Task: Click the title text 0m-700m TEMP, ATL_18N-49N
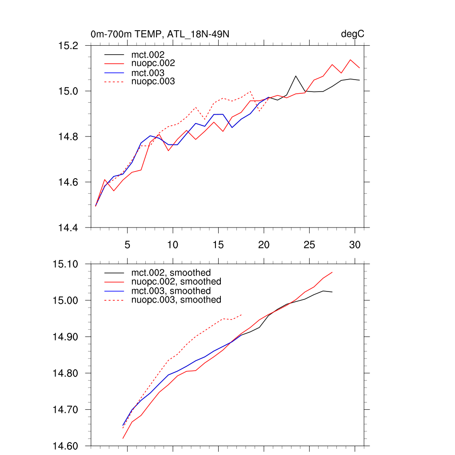point(160,34)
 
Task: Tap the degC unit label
point(353,34)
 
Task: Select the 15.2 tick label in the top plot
point(68,45)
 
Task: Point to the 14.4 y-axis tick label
point(68,227)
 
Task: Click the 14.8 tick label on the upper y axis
point(68,136)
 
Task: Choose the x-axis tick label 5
point(127,244)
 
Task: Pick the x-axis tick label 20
point(264,244)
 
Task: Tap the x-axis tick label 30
point(355,244)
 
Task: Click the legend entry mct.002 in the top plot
point(148,54)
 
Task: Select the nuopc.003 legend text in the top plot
point(153,82)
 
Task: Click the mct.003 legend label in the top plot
point(148,73)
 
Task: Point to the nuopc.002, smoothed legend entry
point(176,282)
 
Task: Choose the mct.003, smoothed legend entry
point(171,291)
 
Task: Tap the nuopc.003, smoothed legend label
point(176,300)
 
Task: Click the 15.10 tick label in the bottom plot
point(66,263)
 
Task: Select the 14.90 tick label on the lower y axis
point(66,336)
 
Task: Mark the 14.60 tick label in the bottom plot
point(66,446)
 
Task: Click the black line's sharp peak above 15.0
point(296,76)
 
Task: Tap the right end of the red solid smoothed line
point(332,272)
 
